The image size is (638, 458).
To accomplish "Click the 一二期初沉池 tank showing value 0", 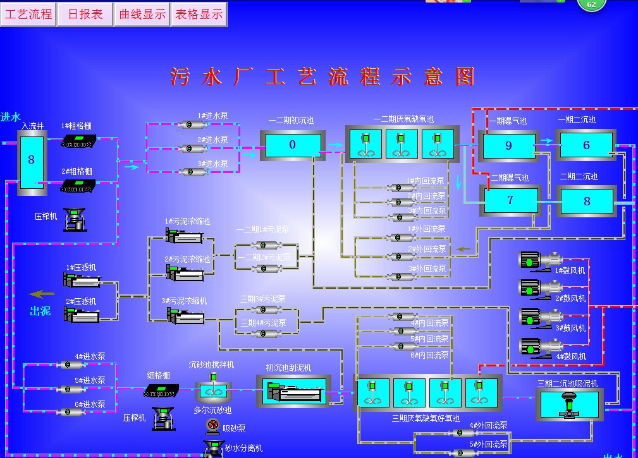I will click(x=292, y=145).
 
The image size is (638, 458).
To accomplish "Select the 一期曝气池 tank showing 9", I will click(x=509, y=146).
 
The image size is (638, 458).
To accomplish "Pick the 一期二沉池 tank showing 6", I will click(x=586, y=145).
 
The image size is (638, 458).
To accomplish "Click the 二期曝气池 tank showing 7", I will click(x=511, y=201).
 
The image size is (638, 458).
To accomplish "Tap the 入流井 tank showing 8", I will click(x=32, y=160).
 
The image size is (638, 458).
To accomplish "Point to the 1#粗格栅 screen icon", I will click(x=79, y=140).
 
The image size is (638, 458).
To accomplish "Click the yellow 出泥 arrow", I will click(x=43, y=294).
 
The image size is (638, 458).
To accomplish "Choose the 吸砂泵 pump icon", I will click(x=216, y=428).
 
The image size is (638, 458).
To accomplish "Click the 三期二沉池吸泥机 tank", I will click(x=569, y=403).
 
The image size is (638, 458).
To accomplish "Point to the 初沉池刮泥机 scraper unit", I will click(x=293, y=392).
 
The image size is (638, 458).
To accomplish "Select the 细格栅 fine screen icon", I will click(x=159, y=391).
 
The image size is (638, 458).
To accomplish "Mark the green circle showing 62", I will click(x=591, y=4).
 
